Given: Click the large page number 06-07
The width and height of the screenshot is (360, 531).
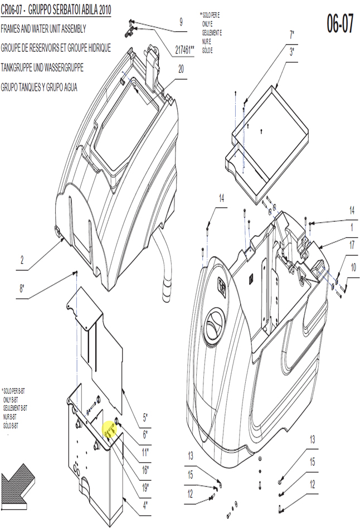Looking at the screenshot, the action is coord(340,23).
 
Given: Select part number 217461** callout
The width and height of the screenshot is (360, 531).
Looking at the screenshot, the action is coord(184,50).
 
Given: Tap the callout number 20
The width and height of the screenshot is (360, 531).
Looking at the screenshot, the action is coord(181,69).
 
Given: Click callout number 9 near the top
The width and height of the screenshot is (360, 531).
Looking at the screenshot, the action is coord(181,22).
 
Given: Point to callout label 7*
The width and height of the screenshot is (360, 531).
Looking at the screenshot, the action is coord(291,35).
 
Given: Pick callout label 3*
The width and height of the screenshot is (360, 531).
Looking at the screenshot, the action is coord(291,52).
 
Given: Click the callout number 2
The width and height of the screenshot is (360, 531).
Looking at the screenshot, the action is coord(22,260).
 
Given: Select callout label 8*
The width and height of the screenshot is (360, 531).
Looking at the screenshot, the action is coord(22,289).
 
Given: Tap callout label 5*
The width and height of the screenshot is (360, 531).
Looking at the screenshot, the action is coord(145,417).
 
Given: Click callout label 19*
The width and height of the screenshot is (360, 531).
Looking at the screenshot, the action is coord(145,488).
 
